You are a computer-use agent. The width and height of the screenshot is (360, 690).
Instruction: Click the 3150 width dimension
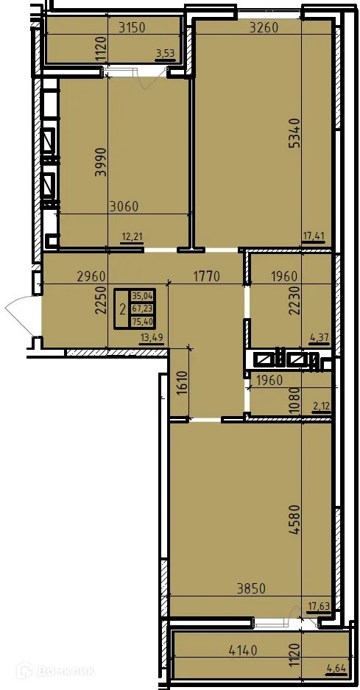pos(133,28)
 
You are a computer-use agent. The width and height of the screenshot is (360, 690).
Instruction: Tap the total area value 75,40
pos(142,321)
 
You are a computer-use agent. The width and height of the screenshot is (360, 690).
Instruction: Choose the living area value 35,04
pos(142,296)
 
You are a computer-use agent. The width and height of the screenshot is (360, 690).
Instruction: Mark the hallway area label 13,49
pos(152,338)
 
